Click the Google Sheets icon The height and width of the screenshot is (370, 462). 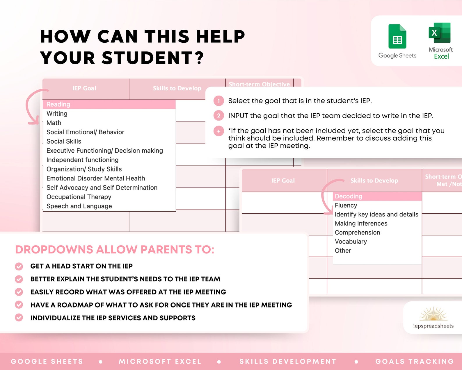click(397, 37)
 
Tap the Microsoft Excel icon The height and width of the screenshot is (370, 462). click(440, 33)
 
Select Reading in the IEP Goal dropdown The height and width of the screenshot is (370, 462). click(58, 104)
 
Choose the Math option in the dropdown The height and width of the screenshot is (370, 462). click(54, 123)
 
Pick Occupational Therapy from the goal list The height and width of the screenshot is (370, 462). click(79, 197)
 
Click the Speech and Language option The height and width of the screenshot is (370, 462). click(79, 206)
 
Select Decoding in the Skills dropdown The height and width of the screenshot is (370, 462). click(349, 196)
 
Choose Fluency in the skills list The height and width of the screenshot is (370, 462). click(346, 205)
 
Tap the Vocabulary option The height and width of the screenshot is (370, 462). click(351, 242)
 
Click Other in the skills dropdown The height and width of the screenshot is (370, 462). click(343, 251)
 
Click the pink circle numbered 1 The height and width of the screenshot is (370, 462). click(219, 101)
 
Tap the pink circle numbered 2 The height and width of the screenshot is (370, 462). click(219, 116)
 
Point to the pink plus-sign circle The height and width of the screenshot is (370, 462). click(219, 131)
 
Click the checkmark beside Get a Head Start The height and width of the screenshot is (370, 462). click(19, 266)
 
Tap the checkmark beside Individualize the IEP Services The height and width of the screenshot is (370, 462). click(19, 318)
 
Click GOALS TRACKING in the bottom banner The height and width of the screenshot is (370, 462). click(415, 361)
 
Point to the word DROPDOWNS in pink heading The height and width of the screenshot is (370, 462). click(54, 250)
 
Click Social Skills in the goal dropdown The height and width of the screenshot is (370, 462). click(64, 141)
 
